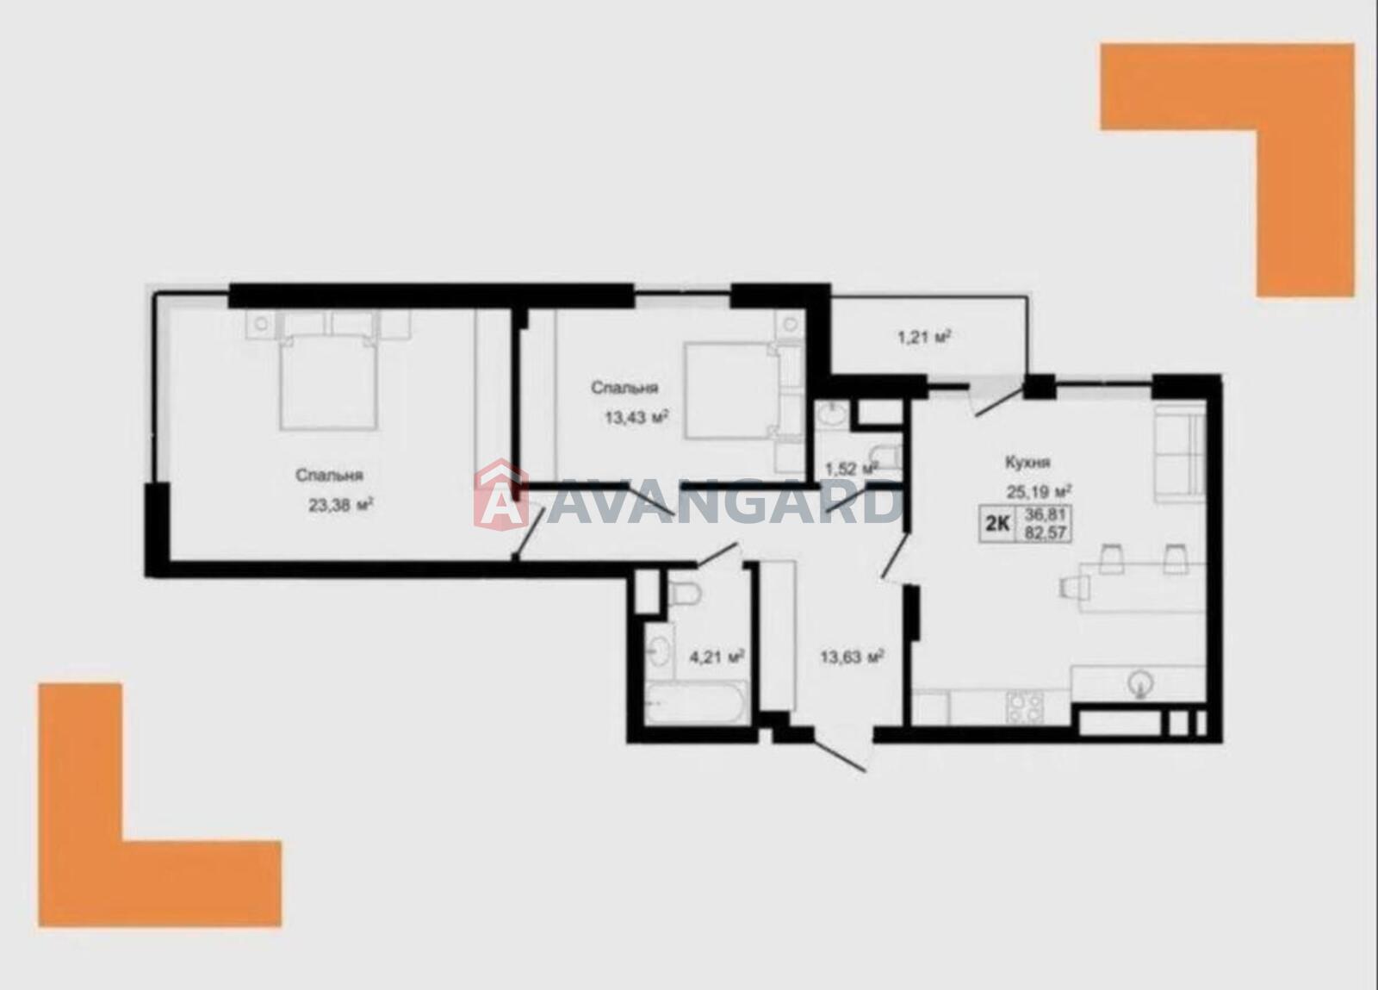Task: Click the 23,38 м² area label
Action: coord(341,505)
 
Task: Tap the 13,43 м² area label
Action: coord(636,418)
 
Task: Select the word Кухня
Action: coord(1028,462)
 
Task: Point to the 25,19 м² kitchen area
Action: coord(1039,491)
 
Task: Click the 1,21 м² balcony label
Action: coord(925,337)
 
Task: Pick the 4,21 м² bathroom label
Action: coord(717,656)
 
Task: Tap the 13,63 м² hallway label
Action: coord(853,656)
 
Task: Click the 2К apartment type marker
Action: coord(998,524)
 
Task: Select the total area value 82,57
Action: coord(1046,532)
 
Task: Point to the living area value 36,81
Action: coord(1046,514)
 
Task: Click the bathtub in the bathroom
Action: coord(697,703)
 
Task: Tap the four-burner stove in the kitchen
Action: coord(1025,707)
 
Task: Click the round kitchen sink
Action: coord(1140,682)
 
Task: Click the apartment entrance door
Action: coord(841,753)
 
